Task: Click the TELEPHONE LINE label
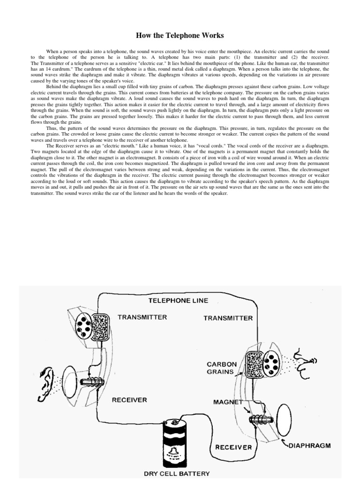[x=178, y=300]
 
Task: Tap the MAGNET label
[x=228, y=402]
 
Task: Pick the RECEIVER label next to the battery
[x=233, y=447]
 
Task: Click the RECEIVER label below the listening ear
[x=129, y=400]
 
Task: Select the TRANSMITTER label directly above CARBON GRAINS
[x=228, y=318]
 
